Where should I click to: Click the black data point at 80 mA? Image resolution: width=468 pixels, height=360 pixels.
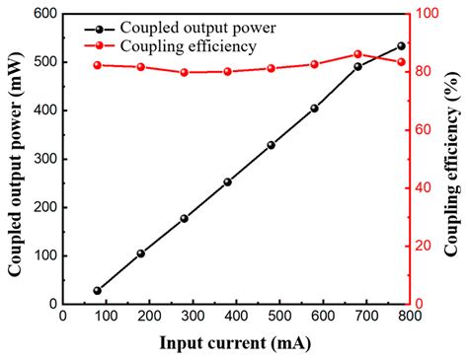97,291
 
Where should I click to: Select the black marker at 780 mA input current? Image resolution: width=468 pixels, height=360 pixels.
401,46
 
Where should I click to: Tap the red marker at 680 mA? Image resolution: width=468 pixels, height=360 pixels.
357,54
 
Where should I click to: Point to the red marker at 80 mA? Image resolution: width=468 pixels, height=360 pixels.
97,65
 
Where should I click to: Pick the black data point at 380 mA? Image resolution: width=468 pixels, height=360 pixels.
227,182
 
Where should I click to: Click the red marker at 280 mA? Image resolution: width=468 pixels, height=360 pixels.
184,72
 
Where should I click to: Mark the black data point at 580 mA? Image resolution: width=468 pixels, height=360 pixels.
314,108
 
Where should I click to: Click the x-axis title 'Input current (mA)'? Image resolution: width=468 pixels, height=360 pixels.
234,344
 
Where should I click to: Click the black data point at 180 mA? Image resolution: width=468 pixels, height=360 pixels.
140,253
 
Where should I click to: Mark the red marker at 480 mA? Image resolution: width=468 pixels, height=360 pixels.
271,68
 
